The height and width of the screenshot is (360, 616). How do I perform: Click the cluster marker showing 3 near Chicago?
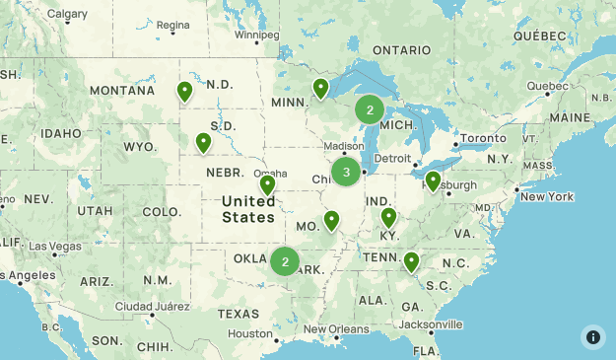coord(346,173)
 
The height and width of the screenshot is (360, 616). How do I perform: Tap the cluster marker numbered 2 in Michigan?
coord(370,109)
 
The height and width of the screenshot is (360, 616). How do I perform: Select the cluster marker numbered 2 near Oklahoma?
coord(285,261)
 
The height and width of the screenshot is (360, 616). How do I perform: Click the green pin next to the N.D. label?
coord(184,92)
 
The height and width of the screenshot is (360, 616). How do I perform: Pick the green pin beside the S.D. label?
coord(203,142)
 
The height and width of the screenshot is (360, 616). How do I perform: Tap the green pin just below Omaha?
coord(267,184)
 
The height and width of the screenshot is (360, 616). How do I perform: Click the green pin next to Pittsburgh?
coord(432,180)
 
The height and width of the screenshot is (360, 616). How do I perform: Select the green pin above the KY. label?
coord(388,217)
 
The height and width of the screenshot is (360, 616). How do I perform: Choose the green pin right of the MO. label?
coord(331,220)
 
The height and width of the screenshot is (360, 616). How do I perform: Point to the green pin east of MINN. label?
coord(319,89)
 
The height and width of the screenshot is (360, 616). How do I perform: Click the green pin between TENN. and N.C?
coord(411,261)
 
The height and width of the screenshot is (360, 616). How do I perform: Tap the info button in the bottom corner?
coord(592,336)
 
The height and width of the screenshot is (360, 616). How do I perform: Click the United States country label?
coord(248,209)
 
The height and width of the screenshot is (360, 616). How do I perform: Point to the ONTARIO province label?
coord(401,50)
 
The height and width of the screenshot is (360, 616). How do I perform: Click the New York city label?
coord(546,196)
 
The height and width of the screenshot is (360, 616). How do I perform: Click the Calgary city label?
coord(67,14)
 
